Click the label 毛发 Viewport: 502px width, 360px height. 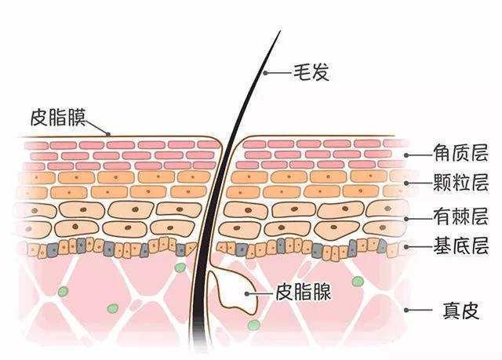tap(311, 72)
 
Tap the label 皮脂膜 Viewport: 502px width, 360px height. tap(58, 118)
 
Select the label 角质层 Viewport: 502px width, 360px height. tap(460, 153)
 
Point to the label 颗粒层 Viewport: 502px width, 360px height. tap(460, 183)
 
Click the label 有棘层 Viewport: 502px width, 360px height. tap(460, 216)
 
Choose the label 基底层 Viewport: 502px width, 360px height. tap(460, 245)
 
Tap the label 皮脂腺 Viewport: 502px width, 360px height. tap(304, 292)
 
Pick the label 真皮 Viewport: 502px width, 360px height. tap(461, 310)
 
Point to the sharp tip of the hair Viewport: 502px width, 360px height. tap(281, 31)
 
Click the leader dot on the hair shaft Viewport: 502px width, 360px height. tap(265, 73)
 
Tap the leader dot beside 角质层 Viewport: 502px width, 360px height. tap(406, 155)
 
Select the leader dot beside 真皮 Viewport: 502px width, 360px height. tap(406, 310)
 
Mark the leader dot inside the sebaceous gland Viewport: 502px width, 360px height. tap(247, 293)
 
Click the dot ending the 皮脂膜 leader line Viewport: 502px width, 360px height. tap(108, 134)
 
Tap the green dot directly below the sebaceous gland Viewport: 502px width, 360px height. tap(253, 325)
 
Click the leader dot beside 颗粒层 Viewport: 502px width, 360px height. tap(406, 184)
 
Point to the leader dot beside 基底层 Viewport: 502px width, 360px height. tap(406, 247)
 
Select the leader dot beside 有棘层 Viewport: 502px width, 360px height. tap(406, 219)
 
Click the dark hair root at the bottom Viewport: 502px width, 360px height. tap(198, 336)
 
